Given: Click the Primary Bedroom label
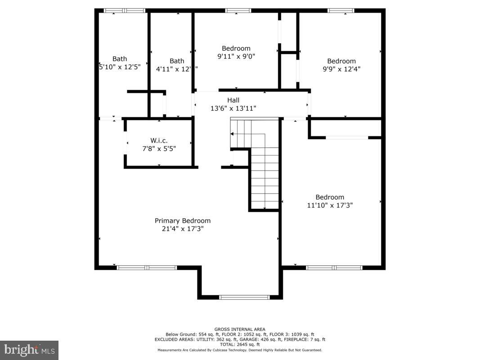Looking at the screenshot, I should tap(183, 220).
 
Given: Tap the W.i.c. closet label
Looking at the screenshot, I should tap(159, 140).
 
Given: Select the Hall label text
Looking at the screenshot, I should tap(233, 100).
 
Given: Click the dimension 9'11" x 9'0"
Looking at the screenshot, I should tap(236, 57).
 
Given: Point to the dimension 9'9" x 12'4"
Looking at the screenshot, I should tap(341, 69).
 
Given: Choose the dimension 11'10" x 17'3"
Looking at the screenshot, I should tap(330, 205).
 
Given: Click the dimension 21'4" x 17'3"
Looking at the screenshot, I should tap(183, 229).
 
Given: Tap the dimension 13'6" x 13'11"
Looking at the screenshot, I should tap(233, 108).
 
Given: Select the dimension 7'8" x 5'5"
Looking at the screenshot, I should tap(159, 148).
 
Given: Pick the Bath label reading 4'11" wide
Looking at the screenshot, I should tap(177, 61).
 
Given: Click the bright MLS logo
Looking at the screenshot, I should tap(29, 350).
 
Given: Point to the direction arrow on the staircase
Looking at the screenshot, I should tap(233, 134).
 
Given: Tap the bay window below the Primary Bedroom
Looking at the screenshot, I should tap(244, 297).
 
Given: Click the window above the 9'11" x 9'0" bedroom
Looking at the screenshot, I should tap(238, 10).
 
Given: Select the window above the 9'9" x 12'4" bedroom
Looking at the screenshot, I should tap(341, 10).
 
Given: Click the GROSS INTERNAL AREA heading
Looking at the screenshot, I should tap(240, 329).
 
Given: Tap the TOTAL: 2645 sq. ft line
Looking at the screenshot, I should tap(240, 344).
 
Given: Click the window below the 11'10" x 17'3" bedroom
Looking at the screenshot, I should tap(334, 268).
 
